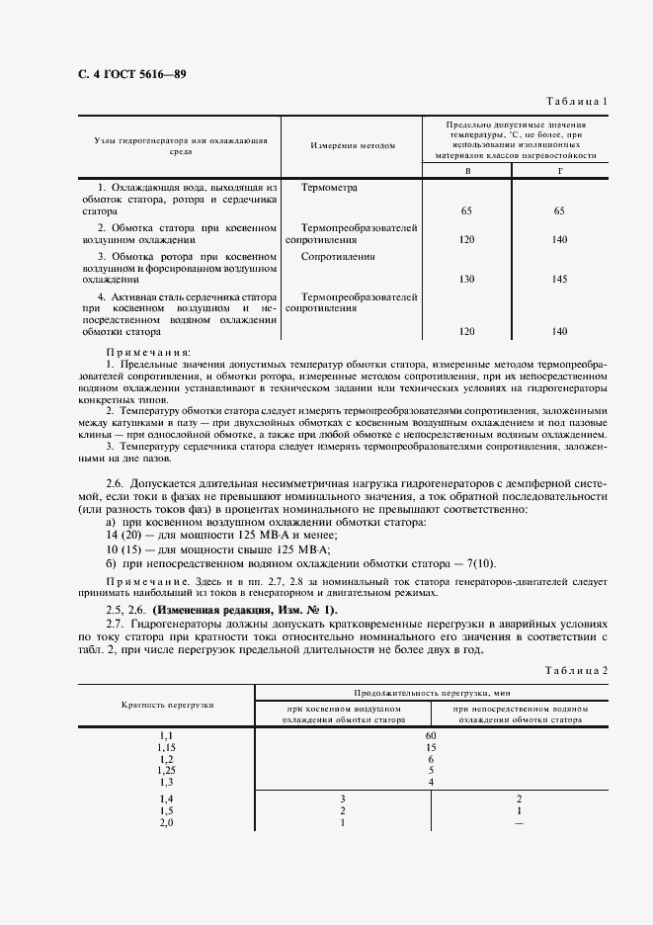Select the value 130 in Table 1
pos(467,280)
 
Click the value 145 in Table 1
pos(560,280)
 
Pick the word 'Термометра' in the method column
pos(330,187)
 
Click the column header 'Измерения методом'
pos(353,145)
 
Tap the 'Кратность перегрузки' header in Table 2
pos(167,705)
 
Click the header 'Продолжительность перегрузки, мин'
pos(431,694)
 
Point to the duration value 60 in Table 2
pos(431,736)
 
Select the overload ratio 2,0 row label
pos(166,822)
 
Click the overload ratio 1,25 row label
pos(166,770)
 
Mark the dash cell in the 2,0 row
pos(520,822)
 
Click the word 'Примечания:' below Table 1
pos(149,352)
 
